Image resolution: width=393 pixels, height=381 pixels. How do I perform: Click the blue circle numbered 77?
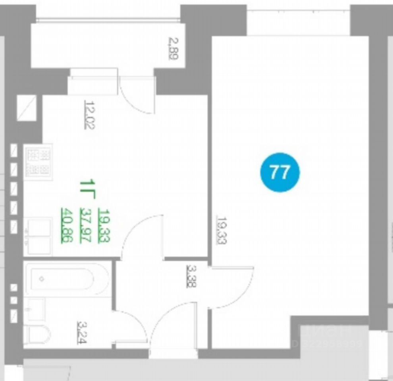click(280, 172)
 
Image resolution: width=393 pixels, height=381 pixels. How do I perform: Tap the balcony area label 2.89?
click(173, 48)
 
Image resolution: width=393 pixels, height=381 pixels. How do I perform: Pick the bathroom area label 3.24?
click(82, 332)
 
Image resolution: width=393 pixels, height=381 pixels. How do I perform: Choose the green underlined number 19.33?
click(105, 225)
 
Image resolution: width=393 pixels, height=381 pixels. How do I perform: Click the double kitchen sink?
click(38, 236)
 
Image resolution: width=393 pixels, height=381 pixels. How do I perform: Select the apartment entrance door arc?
click(175, 323)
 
